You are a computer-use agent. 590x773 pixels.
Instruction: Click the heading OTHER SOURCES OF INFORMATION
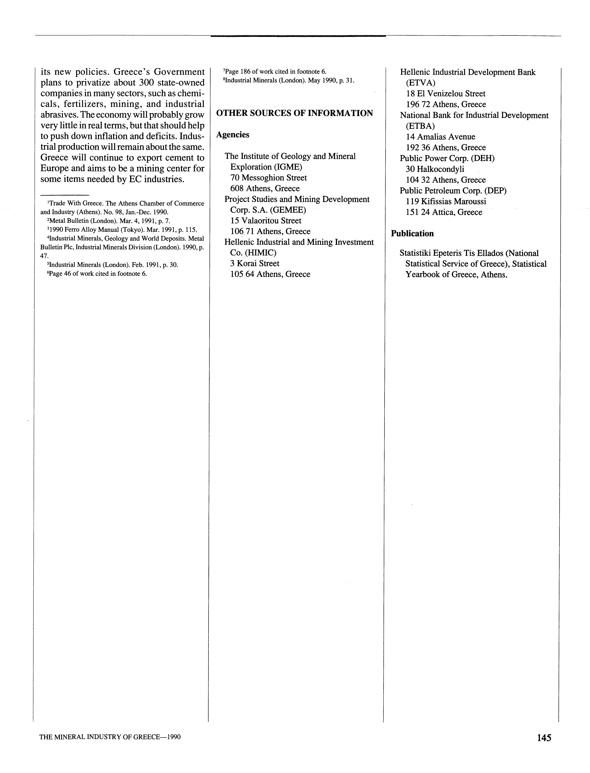coord(294,113)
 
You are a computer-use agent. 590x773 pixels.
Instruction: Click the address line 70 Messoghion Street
coord(268,178)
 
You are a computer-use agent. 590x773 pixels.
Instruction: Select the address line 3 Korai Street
coord(255,264)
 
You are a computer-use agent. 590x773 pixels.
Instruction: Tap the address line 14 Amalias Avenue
coord(440,137)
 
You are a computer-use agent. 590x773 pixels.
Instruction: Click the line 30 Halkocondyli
coord(435,169)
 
